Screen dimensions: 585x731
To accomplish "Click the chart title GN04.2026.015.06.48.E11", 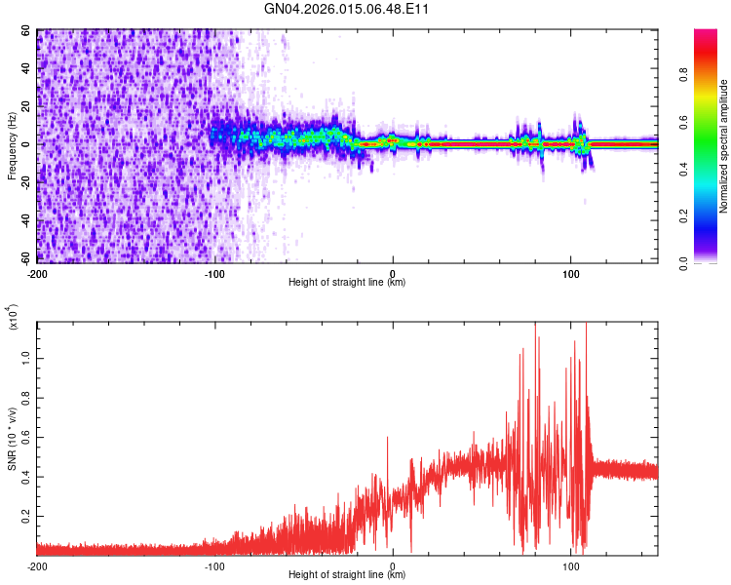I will [347, 9].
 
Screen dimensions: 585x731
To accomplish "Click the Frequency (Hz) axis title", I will [12, 146].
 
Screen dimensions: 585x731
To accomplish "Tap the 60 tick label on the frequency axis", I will [27, 30].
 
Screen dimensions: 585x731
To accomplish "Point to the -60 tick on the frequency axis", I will [25, 259].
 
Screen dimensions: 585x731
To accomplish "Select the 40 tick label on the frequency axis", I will [27, 68].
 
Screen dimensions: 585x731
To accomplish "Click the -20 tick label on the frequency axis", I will [25, 183].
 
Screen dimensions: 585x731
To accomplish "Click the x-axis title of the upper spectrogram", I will [347, 283].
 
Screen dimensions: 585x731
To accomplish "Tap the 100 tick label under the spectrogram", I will [570, 272].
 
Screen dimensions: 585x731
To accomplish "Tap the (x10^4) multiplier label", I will [12, 318].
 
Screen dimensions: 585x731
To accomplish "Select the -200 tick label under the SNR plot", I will [37, 565].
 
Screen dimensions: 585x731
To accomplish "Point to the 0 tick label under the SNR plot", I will [392, 565].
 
